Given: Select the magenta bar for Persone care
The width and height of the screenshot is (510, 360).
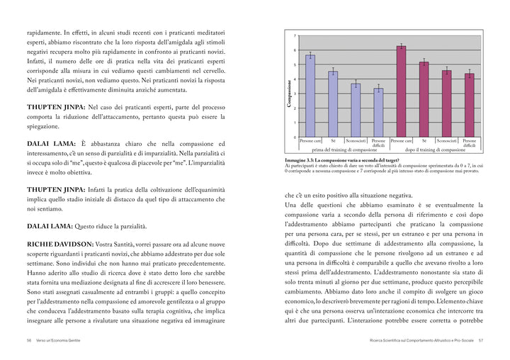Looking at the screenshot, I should (401, 91).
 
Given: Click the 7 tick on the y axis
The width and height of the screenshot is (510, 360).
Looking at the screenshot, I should (295, 35).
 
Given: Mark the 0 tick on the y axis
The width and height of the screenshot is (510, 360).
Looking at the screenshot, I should (295, 137).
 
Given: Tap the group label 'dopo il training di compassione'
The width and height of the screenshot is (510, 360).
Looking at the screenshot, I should (435, 150).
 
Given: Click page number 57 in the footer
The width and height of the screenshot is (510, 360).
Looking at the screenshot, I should (480, 341).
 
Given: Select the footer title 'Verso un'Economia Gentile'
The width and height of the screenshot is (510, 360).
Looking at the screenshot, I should (59, 341).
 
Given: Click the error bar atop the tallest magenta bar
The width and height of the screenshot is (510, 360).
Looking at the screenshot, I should (401, 47).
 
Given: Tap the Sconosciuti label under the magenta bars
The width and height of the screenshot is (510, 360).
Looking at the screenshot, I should (446, 141).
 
